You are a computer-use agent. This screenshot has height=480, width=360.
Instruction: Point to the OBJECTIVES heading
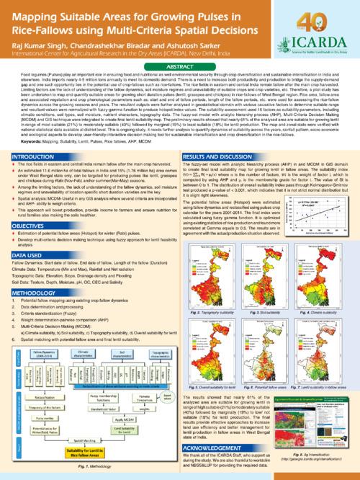pyautogui.click(x=27, y=244)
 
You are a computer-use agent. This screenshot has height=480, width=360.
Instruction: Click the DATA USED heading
pyautogui.click(x=25, y=275)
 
